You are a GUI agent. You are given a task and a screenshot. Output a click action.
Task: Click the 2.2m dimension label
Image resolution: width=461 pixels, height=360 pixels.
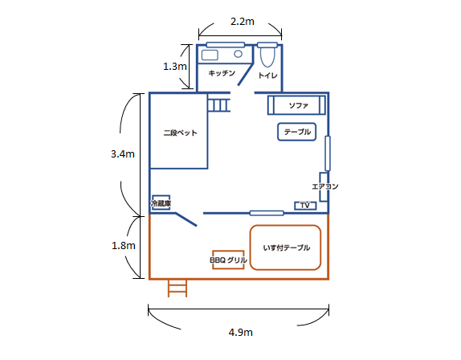[243, 22]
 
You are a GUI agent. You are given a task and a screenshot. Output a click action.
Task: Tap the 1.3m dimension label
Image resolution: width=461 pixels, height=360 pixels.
[175, 67]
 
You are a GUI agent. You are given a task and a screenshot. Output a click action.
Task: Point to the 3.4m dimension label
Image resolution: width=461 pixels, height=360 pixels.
[123, 153]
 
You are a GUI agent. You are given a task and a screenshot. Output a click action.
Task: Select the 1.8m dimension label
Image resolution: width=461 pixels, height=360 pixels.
[124, 246]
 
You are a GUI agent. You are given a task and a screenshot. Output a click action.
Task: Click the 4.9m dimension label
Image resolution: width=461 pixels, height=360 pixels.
[240, 333]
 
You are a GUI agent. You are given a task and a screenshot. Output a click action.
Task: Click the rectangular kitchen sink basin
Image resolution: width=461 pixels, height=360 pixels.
[210, 55]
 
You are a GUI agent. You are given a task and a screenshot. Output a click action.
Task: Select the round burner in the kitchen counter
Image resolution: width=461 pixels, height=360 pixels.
[239, 54]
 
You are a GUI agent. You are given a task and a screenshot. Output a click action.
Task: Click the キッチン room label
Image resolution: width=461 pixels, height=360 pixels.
[222, 73]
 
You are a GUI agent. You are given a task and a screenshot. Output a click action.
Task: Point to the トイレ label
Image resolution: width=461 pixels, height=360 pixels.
[267, 76]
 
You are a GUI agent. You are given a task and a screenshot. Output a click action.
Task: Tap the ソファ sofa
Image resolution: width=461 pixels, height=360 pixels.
[296, 105]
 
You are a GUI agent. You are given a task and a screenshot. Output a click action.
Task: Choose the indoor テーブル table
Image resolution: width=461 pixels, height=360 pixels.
[297, 132]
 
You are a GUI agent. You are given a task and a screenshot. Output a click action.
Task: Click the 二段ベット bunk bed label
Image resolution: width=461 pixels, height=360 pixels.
[180, 133]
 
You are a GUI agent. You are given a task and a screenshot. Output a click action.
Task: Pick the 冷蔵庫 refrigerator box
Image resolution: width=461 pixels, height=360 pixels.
[161, 202]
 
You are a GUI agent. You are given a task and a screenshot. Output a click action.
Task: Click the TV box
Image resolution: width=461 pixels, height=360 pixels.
[305, 206]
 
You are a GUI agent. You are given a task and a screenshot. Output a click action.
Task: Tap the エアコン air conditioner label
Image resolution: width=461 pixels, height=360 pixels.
[325, 186]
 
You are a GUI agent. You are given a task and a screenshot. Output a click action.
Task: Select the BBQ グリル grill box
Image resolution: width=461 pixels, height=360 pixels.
[228, 260]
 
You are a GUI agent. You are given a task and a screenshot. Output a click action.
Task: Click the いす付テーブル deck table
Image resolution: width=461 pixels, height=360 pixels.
[285, 247]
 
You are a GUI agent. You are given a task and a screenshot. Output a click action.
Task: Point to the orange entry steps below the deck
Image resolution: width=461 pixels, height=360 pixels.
[177, 288]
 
